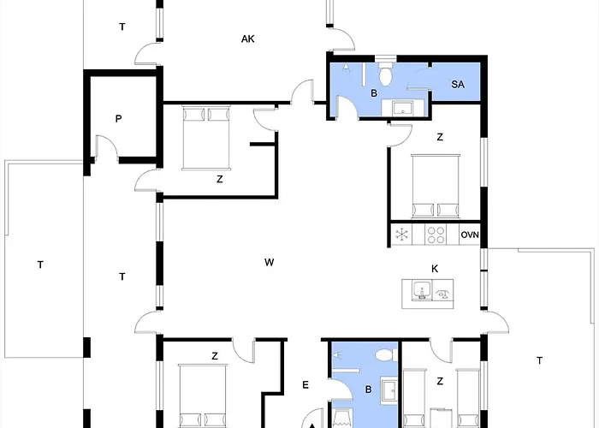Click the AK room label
(248, 39)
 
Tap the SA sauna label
(458, 84)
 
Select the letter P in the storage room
(118, 119)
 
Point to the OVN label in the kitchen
(470, 235)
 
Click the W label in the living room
(270, 262)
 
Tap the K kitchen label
(435, 269)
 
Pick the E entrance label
(305, 385)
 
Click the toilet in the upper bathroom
(385, 73)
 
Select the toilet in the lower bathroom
(385, 354)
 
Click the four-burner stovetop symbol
(436, 235)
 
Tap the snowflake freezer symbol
(402, 235)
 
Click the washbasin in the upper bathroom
(403, 107)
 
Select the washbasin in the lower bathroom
(388, 390)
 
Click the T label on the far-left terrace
(40, 265)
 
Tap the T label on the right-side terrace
(539, 360)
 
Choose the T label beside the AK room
(122, 27)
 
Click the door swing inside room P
(107, 146)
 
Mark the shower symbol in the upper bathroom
(346, 68)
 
